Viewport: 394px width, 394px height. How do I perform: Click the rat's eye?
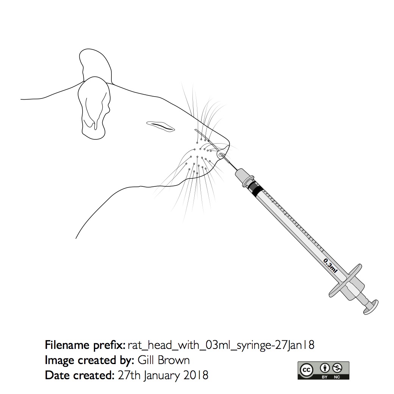[x=160, y=127]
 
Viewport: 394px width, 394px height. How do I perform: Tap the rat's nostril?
[x=221, y=155]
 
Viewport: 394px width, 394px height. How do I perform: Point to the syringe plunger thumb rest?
[x=371, y=306]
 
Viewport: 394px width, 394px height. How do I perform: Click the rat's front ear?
[x=94, y=108]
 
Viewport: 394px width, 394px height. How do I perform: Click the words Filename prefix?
[x=85, y=345]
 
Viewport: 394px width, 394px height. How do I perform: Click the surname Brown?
[x=174, y=360]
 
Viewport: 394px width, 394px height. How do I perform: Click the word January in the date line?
[x=162, y=376]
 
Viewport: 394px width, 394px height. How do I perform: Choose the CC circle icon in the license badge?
[x=307, y=370]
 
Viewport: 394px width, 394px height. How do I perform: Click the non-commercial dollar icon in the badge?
[x=337, y=368]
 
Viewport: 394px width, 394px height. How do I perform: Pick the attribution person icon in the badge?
[x=325, y=368]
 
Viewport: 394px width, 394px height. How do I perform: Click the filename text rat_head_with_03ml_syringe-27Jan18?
[x=221, y=346]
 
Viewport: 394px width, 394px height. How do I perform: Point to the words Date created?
[x=80, y=375]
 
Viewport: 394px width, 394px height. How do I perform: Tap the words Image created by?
[x=89, y=361]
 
